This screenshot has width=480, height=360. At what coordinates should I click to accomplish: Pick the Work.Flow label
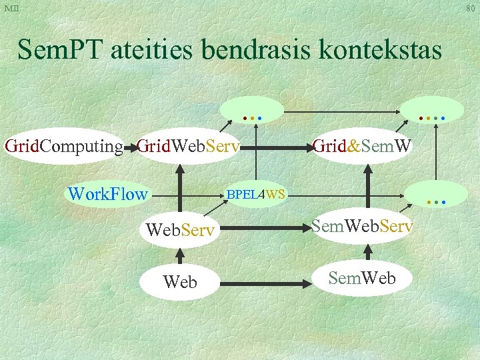click(x=107, y=194)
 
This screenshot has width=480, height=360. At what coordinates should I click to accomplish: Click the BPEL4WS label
click(x=256, y=195)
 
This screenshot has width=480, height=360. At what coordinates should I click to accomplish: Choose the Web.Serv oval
click(x=180, y=230)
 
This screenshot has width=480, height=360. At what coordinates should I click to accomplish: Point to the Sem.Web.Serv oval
click(x=362, y=227)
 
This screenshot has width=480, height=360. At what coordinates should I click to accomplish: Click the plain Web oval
click(x=180, y=282)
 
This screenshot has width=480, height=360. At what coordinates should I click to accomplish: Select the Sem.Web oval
click(x=362, y=278)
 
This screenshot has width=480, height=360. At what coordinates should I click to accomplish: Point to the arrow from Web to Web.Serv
click(x=180, y=257)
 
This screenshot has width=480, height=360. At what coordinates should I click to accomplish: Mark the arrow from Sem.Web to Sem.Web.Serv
click(x=366, y=252)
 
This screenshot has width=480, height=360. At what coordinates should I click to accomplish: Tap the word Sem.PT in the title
click(x=56, y=50)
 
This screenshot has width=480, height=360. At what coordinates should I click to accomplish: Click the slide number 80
click(x=470, y=8)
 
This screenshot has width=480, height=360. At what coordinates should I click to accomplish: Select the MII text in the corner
click(x=12, y=8)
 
